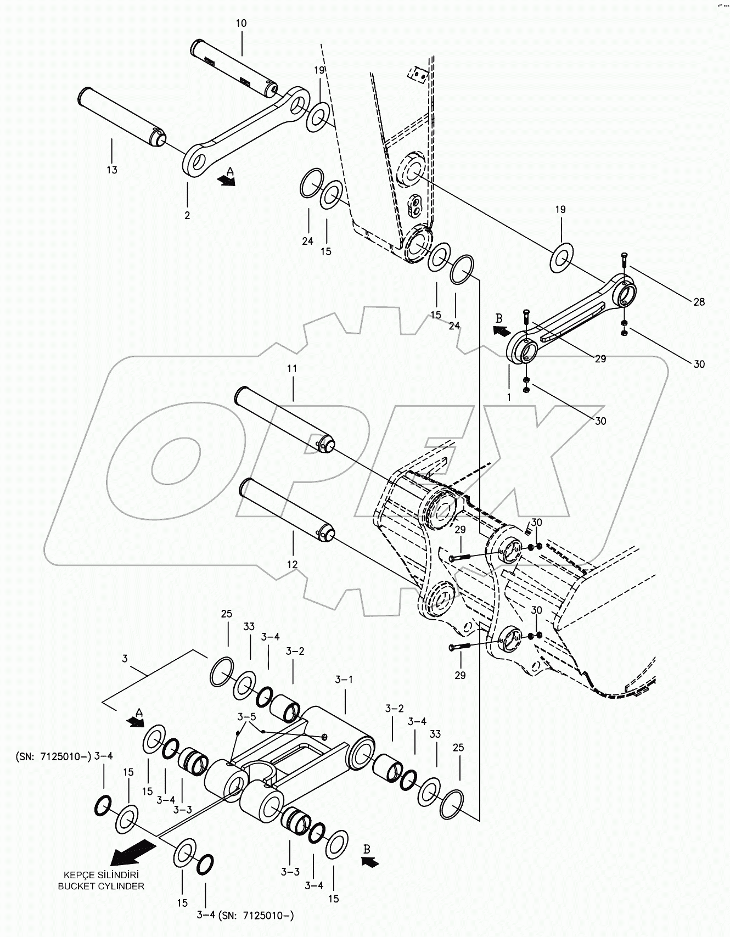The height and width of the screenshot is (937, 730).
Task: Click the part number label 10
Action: pyautogui.click(x=242, y=24)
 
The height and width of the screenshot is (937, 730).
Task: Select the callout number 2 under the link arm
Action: pyautogui.click(x=187, y=216)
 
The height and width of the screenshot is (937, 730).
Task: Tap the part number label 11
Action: pyautogui.click(x=292, y=369)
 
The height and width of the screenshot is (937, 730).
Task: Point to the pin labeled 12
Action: pyautogui.click(x=287, y=509)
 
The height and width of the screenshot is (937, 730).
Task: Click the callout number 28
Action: pyautogui.click(x=699, y=302)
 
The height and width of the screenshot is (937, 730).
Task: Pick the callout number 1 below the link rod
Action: pyautogui.click(x=509, y=397)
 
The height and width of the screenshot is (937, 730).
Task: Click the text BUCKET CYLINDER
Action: pyautogui.click(x=101, y=886)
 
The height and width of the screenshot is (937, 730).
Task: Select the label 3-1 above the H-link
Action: pyautogui.click(x=344, y=680)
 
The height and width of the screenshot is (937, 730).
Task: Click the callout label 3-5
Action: pyautogui.click(x=246, y=717)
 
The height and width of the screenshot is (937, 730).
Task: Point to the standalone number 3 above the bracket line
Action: pyautogui.click(x=125, y=658)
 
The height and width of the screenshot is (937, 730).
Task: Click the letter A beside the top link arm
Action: pyautogui.click(x=231, y=172)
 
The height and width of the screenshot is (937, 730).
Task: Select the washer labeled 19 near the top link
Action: pyautogui.click(x=318, y=116)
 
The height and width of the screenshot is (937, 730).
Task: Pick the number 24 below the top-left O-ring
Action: pyautogui.click(x=307, y=242)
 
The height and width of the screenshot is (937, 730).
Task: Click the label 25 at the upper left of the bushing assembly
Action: pyautogui.click(x=227, y=614)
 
